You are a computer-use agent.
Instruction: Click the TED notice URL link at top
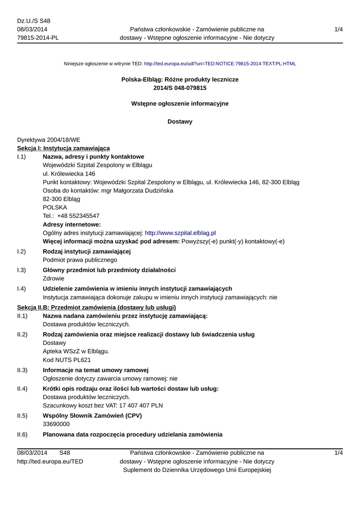pyautogui.click(x=220, y=64)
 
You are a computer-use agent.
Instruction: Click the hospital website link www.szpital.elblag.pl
pyautogui.click(x=180, y=233)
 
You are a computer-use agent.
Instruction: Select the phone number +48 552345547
pyautogui.click(x=78, y=216)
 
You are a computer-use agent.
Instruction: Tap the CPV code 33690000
pyautogui.click(x=56, y=424)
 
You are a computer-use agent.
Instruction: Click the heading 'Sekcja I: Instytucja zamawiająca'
pyautogui.click(x=64, y=148)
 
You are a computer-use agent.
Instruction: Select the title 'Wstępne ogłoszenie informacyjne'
pyautogui.click(x=180, y=103)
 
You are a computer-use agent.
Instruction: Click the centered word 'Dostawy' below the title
pyautogui.click(x=180, y=121)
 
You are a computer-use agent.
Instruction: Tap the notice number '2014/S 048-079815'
pyautogui.click(x=180, y=88)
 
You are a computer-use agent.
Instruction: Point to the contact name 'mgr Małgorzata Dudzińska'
pyautogui.click(x=132, y=190)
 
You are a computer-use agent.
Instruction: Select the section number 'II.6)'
pyautogui.click(x=22, y=435)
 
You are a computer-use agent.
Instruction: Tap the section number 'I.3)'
pyautogui.click(x=21, y=270)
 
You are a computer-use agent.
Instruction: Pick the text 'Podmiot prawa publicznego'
pyautogui.click(x=80, y=259)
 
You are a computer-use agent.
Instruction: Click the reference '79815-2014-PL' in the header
pyautogui.click(x=38, y=38)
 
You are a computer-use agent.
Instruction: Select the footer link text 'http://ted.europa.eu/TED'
pyautogui.click(x=50, y=461)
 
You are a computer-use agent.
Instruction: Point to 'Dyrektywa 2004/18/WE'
pyautogui.click(x=48, y=140)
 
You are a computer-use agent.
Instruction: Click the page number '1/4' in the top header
pyautogui.click(x=339, y=29)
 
